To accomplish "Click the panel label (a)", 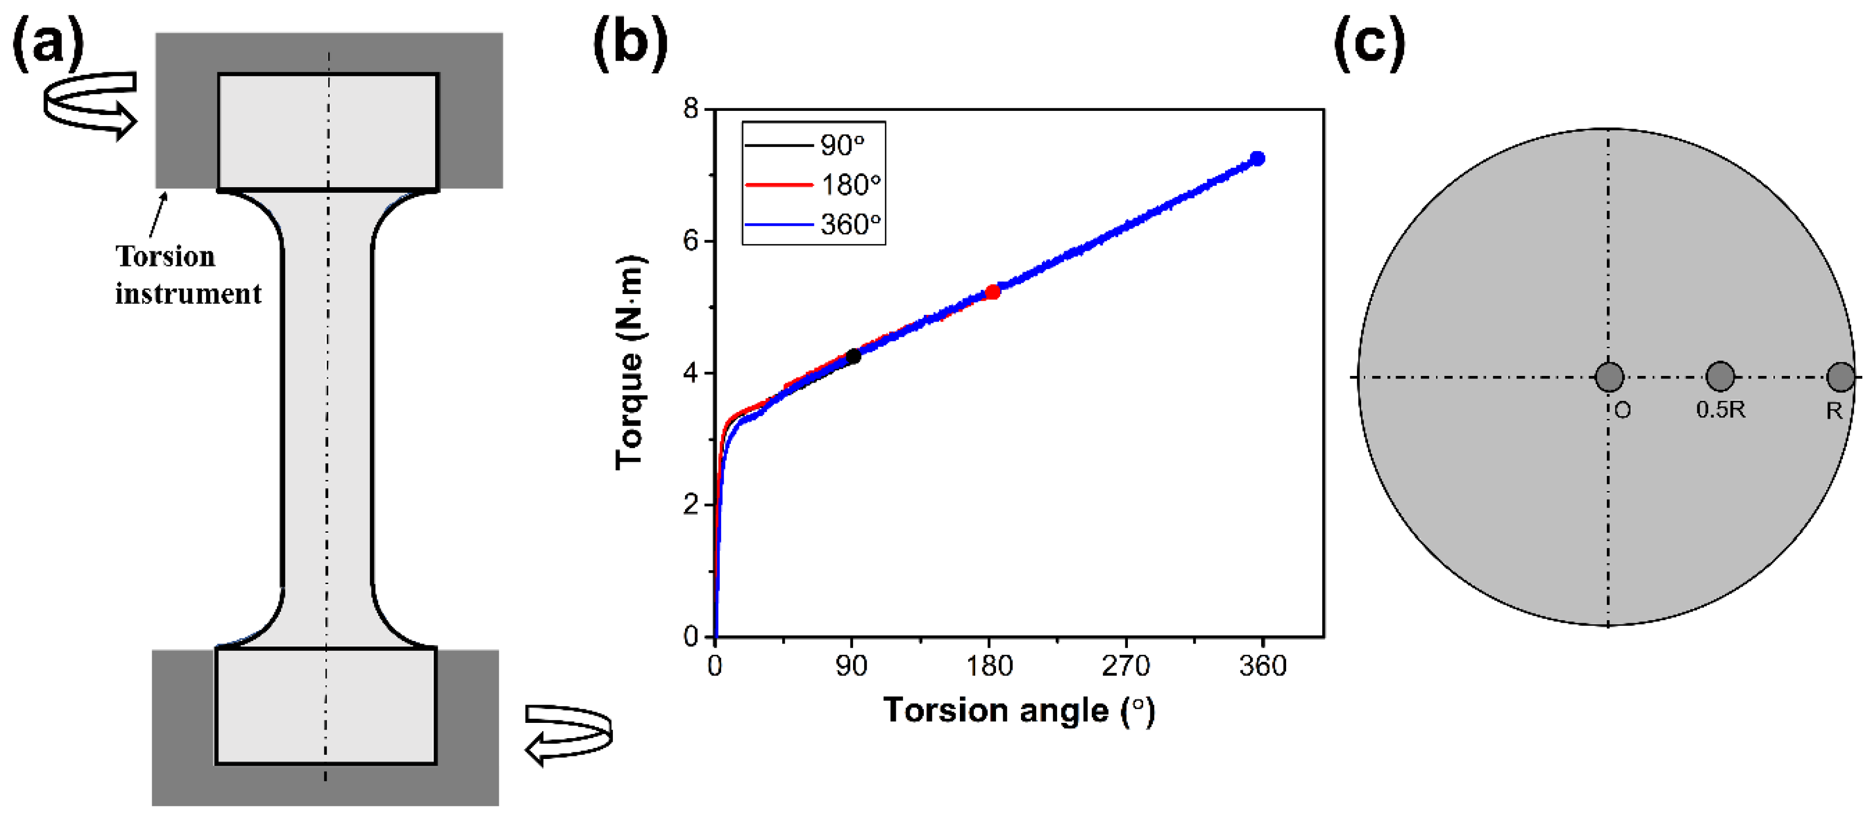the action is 48,42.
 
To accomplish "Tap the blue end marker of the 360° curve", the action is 1257,158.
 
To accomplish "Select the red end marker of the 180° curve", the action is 992,292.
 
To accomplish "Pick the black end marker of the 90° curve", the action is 854,356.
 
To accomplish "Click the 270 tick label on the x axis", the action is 1125,666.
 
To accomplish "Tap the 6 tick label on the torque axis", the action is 691,241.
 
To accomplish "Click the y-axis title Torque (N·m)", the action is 630,362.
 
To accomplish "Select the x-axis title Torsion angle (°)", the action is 1018,710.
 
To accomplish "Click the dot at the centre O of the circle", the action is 1608,376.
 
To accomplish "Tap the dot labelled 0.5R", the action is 1720,376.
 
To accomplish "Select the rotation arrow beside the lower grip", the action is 569,734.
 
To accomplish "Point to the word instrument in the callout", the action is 188,294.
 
